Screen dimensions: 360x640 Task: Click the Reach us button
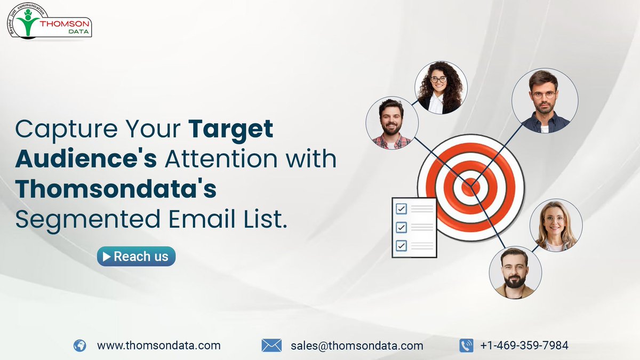(136, 257)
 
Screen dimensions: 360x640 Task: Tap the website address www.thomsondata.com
(158, 346)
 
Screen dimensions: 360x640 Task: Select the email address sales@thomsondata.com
(357, 346)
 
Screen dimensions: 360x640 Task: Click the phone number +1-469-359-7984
(524, 346)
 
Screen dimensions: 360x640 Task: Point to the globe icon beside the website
(79, 346)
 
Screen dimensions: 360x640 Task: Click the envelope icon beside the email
(271, 346)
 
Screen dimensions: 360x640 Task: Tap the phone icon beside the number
(466, 346)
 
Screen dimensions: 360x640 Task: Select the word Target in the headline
(231, 130)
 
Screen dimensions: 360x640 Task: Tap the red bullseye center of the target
(470, 186)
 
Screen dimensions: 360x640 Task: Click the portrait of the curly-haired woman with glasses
(441, 87)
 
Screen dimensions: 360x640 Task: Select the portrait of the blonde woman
(556, 225)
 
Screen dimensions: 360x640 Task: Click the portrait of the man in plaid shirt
(391, 123)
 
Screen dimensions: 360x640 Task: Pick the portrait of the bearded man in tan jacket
(515, 272)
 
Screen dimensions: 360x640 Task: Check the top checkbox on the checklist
(401, 209)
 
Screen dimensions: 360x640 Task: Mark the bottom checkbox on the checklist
(401, 246)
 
